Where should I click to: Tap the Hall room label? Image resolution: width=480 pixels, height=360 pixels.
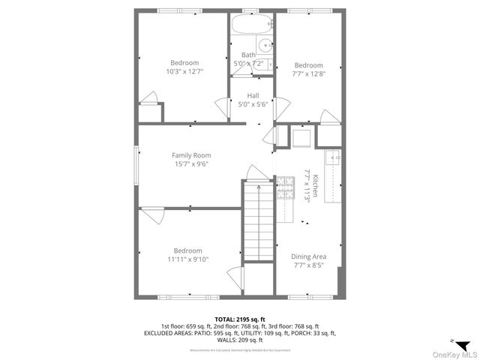pyautogui.click(x=253, y=95)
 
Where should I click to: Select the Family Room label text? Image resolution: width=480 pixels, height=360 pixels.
pyautogui.click(x=191, y=155)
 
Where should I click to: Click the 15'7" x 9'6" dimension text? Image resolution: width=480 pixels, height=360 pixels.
pyautogui.click(x=191, y=164)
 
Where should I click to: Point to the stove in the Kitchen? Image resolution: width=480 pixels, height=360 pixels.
pyautogui.click(x=286, y=190)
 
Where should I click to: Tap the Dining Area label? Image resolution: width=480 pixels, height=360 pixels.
pyautogui.click(x=308, y=256)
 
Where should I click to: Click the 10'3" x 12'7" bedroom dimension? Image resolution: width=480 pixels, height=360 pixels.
pyautogui.click(x=184, y=71)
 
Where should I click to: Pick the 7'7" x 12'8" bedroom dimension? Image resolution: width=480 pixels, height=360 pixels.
pyautogui.click(x=308, y=73)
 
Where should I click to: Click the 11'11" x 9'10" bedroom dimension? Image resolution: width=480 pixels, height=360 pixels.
pyautogui.click(x=187, y=259)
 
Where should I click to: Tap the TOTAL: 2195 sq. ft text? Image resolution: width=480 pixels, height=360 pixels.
pyautogui.click(x=240, y=319)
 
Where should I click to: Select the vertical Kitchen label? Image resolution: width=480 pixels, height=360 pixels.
pyautogui.click(x=316, y=186)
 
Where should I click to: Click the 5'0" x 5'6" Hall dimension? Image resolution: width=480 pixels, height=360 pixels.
pyautogui.click(x=253, y=103)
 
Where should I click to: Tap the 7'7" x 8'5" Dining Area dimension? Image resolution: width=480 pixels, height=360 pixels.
pyautogui.click(x=308, y=265)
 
